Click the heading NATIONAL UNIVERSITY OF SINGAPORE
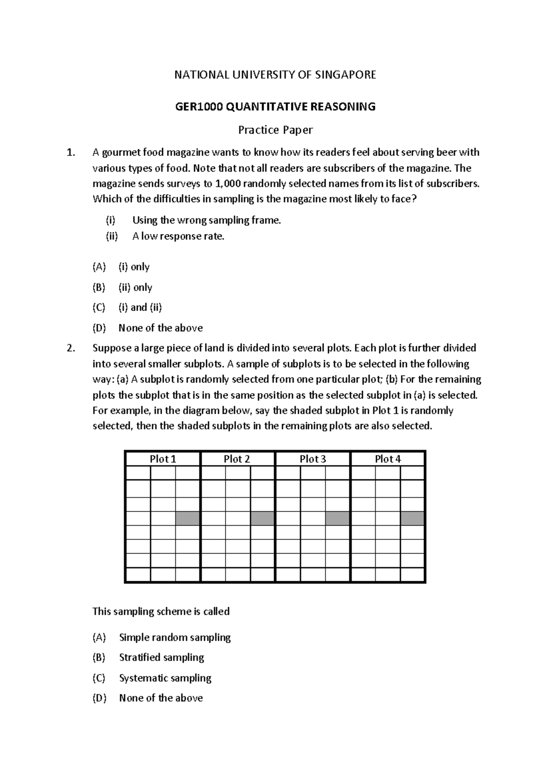tap(275, 75)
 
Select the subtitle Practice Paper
tap(275, 130)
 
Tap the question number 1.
tap(70, 152)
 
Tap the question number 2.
tap(70, 348)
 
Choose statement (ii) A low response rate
tap(178, 236)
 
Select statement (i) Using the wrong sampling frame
tap(206, 220)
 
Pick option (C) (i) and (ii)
tap(140, 307)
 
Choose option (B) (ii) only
tap(135, 287)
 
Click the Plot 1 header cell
tap(163, 459)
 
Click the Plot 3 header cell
tap(313, 459)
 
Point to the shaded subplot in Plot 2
tap(262, 518)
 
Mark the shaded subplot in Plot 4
tap(412, 518)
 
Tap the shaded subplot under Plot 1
tap(187, 518)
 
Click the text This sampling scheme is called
tap(161, 611)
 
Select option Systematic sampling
tap(165, 678)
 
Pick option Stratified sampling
tap(161, 657)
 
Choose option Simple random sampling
tap(174, 637)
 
